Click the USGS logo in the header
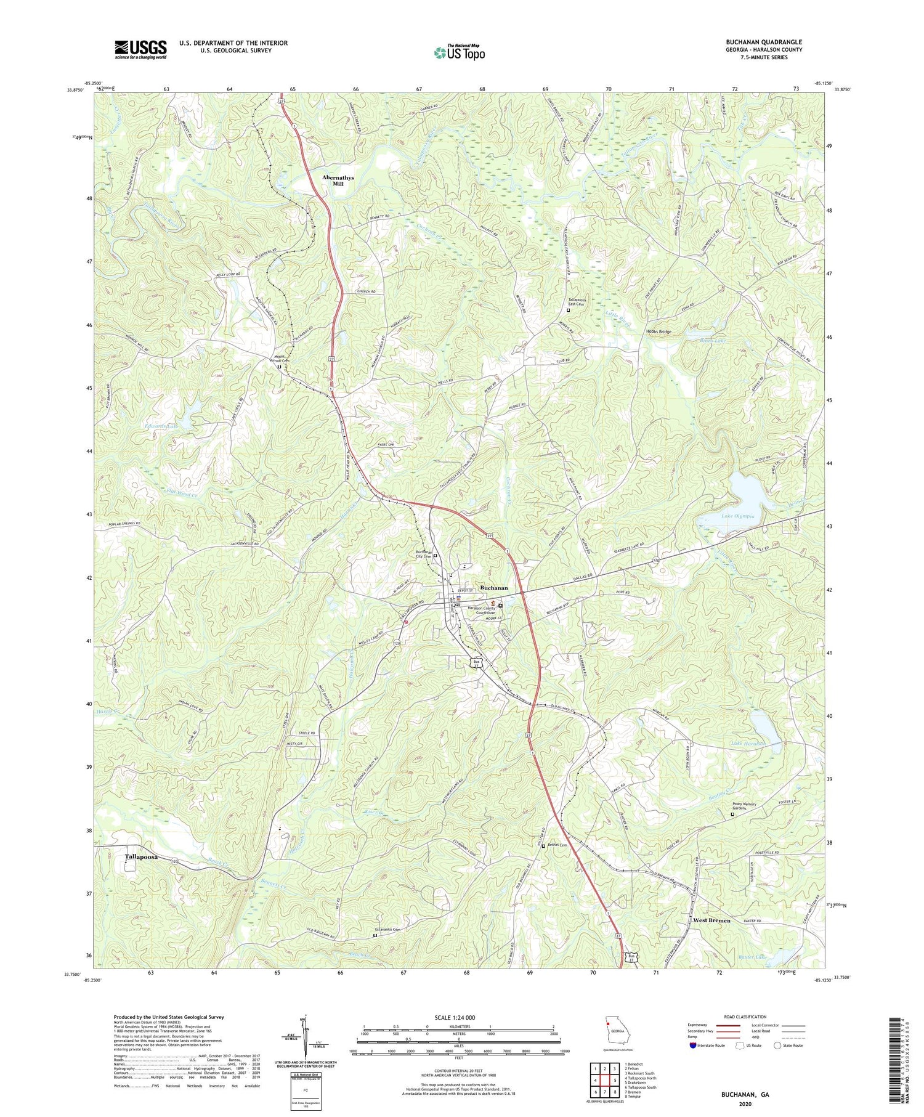coord(140,49)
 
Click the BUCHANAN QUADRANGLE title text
coord(764,42)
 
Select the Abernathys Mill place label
coord(338,181)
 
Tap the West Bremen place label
coord(711,920)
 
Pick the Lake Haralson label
coord(748,744)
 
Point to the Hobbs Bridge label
coord(658,331)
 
